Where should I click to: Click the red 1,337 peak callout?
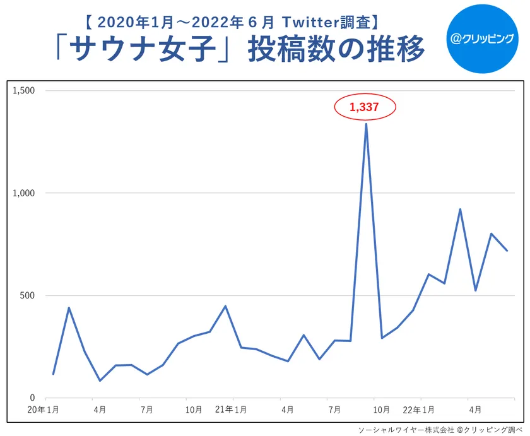pyautogui.click(x=365, y=107)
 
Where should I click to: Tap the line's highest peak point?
pyautogui.click(x=366, y=124)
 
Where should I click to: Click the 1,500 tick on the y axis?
pyautogui.click(x=23, y=91)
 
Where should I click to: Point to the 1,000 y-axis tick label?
pyautogui.click(x=23, y=193)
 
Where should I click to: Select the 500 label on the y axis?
pyautogui.click(x=28, y=296)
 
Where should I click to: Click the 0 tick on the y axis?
pyautogui.click(x=32, y=398)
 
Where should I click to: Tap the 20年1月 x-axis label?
pyautogui.click(x=44, y=410)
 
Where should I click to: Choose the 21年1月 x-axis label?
pyautogui.click(x=230, y=410)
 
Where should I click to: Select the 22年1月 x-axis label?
pyautogui.click(x=418, y=410)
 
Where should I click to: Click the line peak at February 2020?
pyautogui.click(x=69, y=308)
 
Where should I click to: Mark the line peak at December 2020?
pyautogui.click(x=225, y=306)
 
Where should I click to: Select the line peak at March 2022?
pyautogui.click(x=460, y=209)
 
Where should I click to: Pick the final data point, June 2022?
pyautogui.click(x=507, y=250)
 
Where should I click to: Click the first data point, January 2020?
pyautogui.click(x=53, y=374)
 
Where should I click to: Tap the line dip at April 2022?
pyautogui.click(x=475, y=290)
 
